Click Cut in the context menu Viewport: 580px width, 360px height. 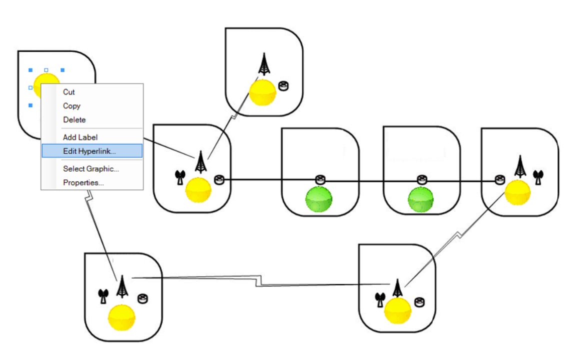69,92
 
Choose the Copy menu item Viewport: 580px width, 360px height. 71,106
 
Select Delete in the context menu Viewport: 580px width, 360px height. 74,120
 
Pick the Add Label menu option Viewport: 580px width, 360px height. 80,137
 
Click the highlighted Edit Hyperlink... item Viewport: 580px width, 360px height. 89,151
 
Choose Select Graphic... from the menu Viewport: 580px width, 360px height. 90,169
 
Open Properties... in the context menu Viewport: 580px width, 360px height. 83,183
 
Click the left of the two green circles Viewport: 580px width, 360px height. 319,200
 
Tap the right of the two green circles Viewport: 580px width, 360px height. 421,200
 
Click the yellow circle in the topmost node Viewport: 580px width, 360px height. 262,92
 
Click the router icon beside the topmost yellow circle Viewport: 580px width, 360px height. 283,86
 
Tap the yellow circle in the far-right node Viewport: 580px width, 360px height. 517,192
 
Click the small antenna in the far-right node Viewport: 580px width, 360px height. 538,177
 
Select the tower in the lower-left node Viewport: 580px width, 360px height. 121,286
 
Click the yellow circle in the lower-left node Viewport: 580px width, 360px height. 121,316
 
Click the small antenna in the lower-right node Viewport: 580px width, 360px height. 379,299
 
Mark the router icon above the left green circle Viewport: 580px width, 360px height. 320,179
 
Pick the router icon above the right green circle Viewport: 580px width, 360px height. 422,179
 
